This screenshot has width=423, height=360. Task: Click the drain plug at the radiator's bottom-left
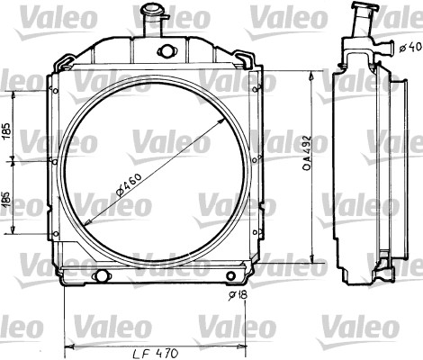click(x=100, y=274)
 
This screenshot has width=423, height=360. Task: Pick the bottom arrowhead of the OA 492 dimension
click(x=311, y=262)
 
